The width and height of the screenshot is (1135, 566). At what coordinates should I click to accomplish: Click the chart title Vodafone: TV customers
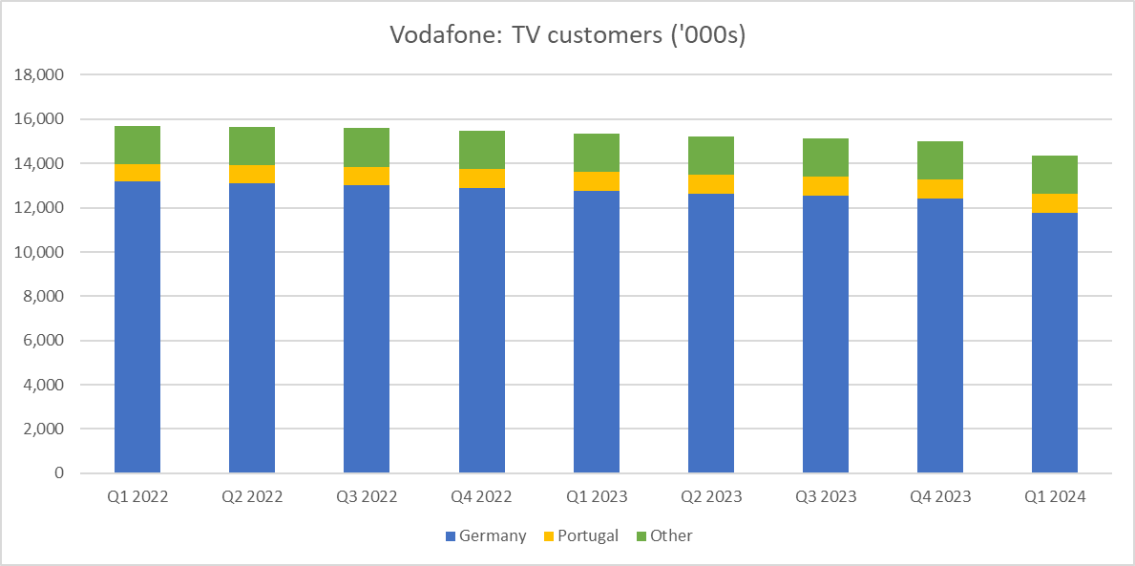click(567, 35)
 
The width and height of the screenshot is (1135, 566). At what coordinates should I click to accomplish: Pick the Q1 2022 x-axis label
click(137, 497)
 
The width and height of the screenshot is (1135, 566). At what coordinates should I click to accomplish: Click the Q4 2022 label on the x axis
click(481, 497)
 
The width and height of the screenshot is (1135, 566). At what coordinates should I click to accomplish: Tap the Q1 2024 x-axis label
click(1055, 497)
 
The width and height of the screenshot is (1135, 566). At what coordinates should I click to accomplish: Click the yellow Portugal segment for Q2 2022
click(252, 174)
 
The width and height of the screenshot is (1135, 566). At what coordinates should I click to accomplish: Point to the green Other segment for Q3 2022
click(367, 147)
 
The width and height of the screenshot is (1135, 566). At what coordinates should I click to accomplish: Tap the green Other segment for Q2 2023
click(711, 156)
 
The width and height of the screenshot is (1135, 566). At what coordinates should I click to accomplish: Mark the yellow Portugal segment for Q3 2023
click(826, 186)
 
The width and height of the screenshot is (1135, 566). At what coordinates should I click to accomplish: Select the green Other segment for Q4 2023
click(940, 160)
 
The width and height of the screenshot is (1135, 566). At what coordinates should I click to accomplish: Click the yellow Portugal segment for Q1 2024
click(1055, 203)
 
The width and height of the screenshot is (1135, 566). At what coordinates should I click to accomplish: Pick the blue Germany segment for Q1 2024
click(1055, 343)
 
